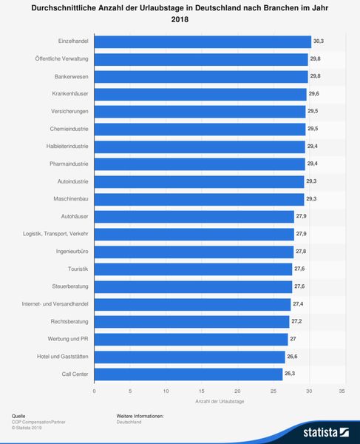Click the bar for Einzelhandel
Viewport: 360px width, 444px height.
click(203, 42)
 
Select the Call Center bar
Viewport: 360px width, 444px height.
click(188, 374)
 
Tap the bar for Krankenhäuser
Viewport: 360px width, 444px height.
click(200, 94)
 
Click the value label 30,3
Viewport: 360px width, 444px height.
click(319, 42)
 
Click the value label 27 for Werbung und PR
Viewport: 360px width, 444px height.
click(293, 339)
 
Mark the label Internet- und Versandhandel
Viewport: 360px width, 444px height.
click(55, 304)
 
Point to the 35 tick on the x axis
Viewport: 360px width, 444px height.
click(342, 390)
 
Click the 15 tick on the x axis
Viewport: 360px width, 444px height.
click(201, 390)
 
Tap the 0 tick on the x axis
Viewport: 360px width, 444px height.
click(95, 390)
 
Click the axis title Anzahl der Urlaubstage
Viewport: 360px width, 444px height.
click(218, 401)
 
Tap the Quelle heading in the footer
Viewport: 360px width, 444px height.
click(18, 417)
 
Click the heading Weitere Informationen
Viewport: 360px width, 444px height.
click(140, 417)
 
